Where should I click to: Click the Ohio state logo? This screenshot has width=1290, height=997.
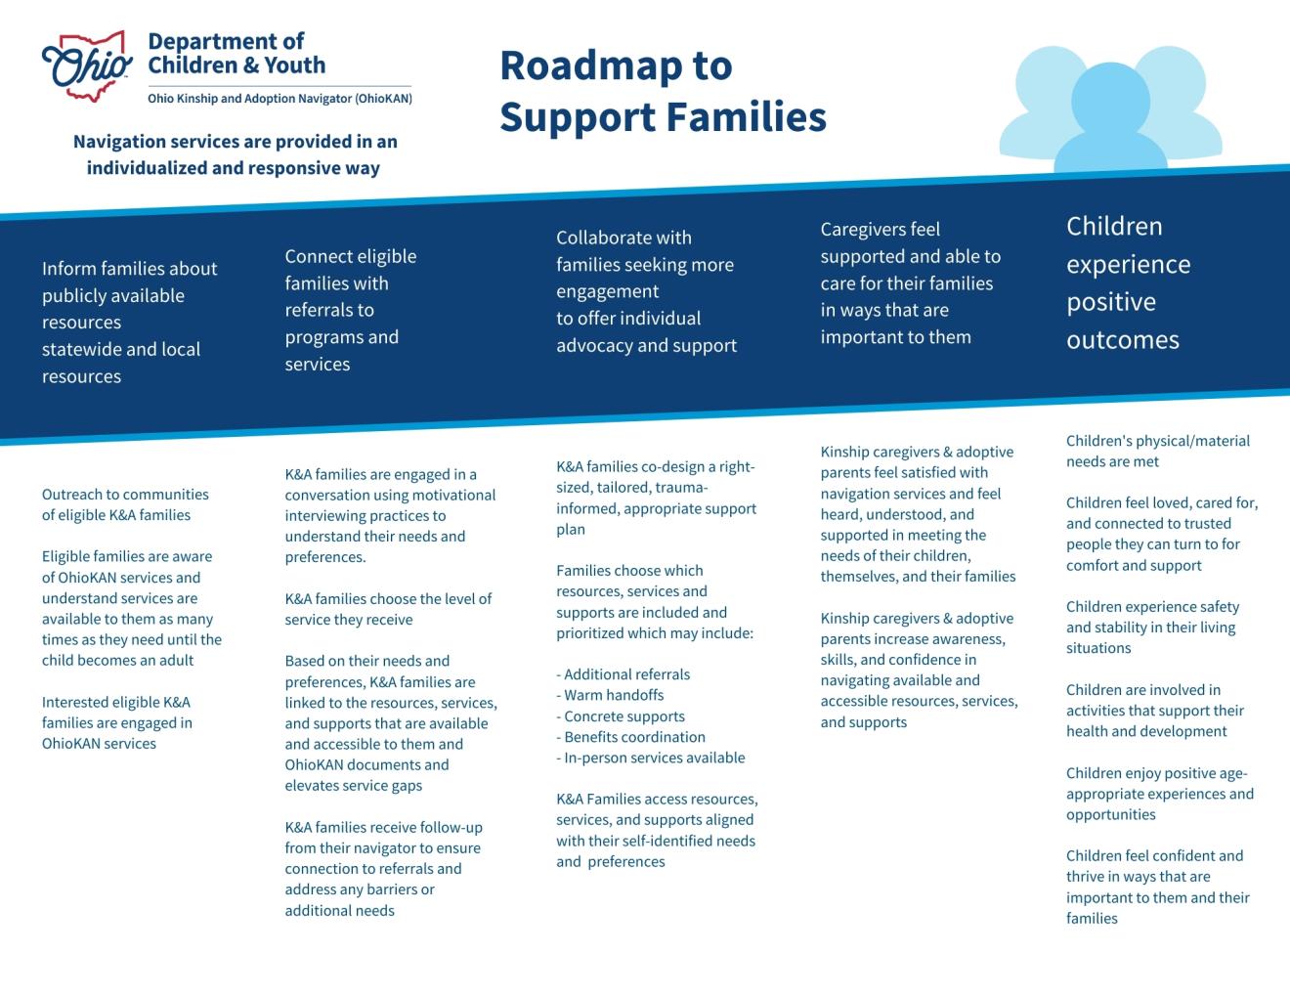click(87, 65)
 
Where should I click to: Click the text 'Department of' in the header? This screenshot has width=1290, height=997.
click(226, 41)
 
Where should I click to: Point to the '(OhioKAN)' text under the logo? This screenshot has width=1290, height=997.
click(383, 99)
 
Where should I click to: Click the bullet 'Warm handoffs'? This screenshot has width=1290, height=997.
click(614, 695)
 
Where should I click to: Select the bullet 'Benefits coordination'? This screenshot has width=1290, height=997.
click(634, 737)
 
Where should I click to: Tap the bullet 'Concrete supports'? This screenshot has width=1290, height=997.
click(624, 716)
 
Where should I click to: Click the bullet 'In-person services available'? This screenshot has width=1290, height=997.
click(654, 758)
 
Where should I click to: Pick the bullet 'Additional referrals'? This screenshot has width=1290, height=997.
click(626, 674)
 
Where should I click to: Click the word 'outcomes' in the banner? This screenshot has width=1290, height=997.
click(1123, 340)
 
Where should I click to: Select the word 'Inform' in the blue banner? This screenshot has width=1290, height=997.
click(68, 269)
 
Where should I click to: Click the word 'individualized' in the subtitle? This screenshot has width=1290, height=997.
click(146, 168)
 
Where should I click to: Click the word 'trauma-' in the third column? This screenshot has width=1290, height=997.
click(681, 488)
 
